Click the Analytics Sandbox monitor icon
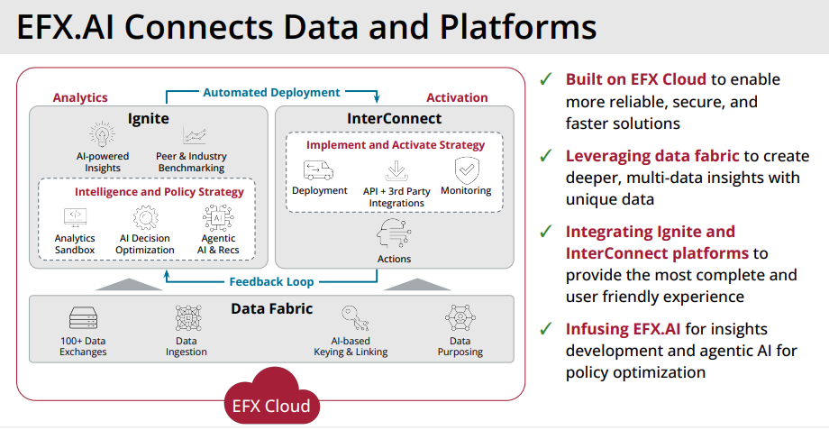(75, 217)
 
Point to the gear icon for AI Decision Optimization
(145, 217)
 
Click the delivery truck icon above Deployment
(319, 169)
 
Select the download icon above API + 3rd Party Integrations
(396, 169)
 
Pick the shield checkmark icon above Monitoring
(466, 169)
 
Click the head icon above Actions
(394, 236)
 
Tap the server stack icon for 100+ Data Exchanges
(83, 317)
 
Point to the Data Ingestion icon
(187, 317)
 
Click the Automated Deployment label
(271, 92)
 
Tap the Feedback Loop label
(270, 282)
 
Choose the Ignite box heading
(148, 118)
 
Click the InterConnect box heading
(394, 118)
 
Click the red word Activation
(457, 97)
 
